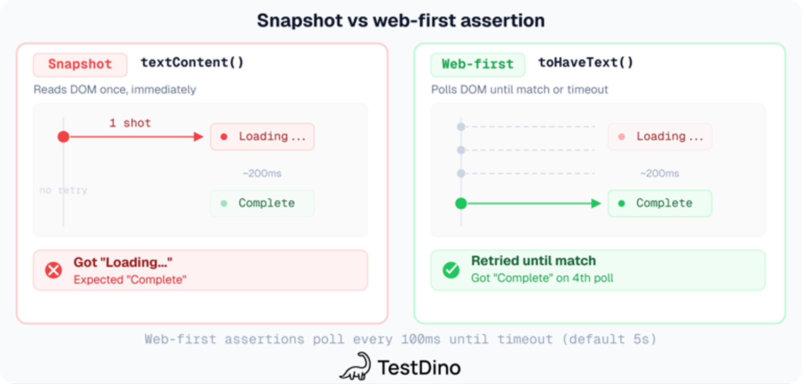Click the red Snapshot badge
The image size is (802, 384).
[x=80, y=64]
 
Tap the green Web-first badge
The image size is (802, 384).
[x=477, y=64]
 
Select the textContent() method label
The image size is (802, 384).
[x=192, y=63]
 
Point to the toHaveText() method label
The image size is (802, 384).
[x=586, y=63]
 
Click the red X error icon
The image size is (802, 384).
[x=54, y=270]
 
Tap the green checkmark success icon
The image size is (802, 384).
[x=451, y=270]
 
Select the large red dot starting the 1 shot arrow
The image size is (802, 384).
[x=63, y=137]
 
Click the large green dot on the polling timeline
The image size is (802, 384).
[x=461, y=203]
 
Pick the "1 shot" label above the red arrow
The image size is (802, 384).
[x=130, y=123]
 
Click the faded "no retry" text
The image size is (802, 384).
[x=63, y=190]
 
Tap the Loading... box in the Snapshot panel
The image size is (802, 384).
[x=262, y=137]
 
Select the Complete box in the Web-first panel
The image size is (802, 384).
[x=660, y=203]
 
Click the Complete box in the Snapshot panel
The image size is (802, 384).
[x=262, y=203]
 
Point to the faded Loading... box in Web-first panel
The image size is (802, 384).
[x=660, y=137]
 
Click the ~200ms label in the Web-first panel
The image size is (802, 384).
[x=660, y=173]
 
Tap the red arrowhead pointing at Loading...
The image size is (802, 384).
[x=198, y=137]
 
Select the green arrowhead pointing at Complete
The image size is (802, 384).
[x=596, y=203]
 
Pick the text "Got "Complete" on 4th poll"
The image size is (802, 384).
[x=542, y=278]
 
